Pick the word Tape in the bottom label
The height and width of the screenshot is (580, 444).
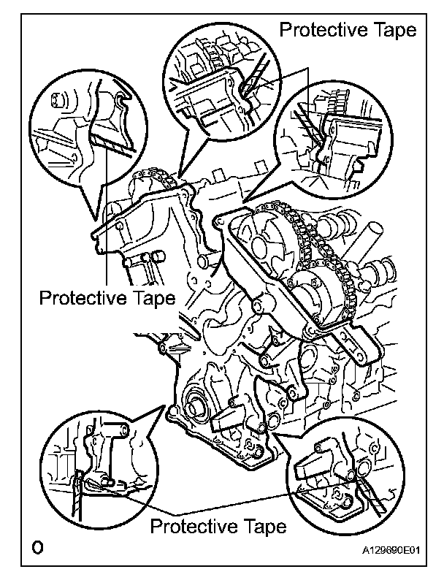coord(261,526)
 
